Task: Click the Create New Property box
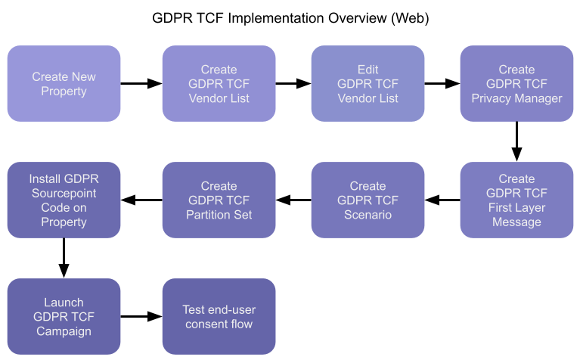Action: pyautogui.click(x=64, y=84)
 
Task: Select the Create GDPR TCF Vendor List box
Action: pyautogui.click(x=219, y=84)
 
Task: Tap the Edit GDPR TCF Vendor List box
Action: pyautogui.click(x=368, y=84)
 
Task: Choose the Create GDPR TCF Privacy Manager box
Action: pyautogui.click(x=516, y=84)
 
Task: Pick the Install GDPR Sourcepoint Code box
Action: pyautogui.click(x=64, y=200)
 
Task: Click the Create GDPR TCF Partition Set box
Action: pyautogui.click(x=219, y=200)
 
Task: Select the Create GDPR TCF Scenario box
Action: pyautogui.click(x=368, y=200)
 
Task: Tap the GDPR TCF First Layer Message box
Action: pyautogui.click(x=516, y=200)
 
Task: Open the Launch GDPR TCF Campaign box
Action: pyautogui.click(x=64, y=317)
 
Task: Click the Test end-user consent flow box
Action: pyautogui.click(x=219, y=317)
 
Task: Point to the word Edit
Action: pyautogui.click(x=368, y=70)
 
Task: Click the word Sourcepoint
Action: pyautogui.click(x=64, y=194)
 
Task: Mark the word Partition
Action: pyautogui.click(x=203, y=215)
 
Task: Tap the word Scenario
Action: pyautogui.click(x=368, y=215)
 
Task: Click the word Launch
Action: pyautogui.click(x=64, y=303)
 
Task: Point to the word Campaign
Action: pyautogui.click(x=64, y=331)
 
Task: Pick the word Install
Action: pyautogui.click(x=47, y=179)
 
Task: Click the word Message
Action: pyautogui.click(x=516, y=222)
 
